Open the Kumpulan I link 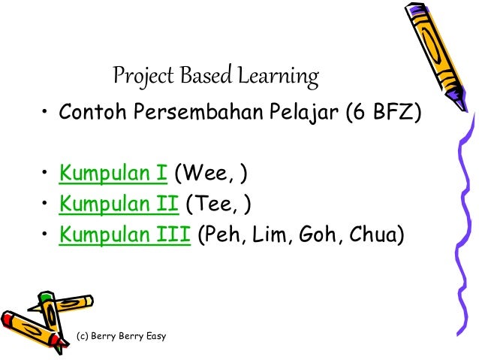pyautogui.click(x=113, y=176)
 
